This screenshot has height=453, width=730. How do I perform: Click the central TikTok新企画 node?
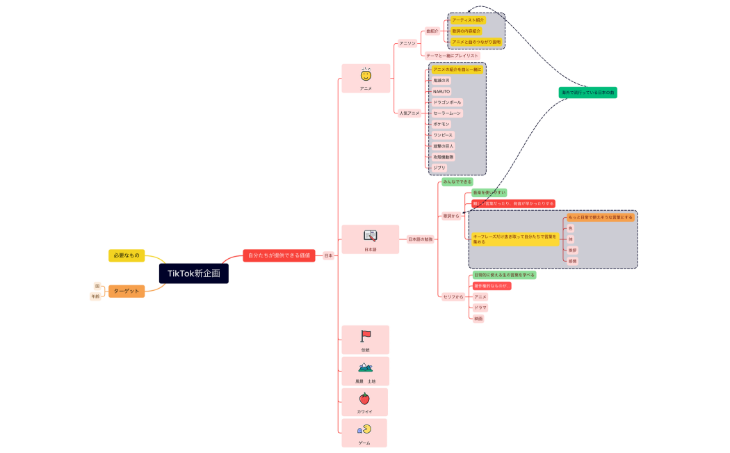(x=193, y=273)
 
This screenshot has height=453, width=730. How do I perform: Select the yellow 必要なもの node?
(x=127, y=255)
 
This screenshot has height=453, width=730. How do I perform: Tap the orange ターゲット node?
(x=127, y=291)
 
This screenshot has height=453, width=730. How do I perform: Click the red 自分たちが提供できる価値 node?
(x=279, y=255)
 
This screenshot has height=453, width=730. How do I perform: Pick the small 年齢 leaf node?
(x=95, y=296)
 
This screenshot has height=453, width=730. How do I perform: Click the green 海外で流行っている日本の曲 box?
(x=587, y=92)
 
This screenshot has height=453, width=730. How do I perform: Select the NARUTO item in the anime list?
(x=441, y=91)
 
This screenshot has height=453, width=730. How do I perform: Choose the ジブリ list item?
(x=439, y=168)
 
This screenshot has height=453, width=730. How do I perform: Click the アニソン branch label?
(x=407, y=43)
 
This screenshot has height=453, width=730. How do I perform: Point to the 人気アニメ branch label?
(x=409, y=113)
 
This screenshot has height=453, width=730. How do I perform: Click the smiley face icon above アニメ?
(x=366, y=74)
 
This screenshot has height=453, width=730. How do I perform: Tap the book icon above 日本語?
(x=370, y=235)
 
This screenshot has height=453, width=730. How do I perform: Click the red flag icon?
(x=366, y=335)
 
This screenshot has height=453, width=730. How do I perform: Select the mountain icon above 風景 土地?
(x=365, y=367)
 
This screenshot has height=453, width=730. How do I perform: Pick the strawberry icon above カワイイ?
(x=364, y=399)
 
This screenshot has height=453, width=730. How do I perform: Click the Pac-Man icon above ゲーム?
(x=364, y=429)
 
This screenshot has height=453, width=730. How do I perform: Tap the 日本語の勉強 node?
(x=420, y=239)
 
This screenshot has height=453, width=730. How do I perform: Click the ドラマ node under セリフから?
(x=480, y=308)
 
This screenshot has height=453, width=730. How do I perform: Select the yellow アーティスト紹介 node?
(x=468, y=20)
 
